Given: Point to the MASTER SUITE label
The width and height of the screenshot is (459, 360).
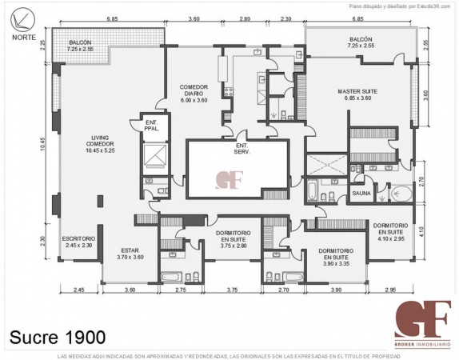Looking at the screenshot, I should pyautogui.click(x=356, y=95).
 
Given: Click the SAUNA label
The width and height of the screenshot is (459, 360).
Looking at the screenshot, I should pyautogui.click(x=361, y=194).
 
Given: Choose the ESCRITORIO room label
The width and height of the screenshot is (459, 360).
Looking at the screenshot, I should pyautogui.click(x=78, y=242).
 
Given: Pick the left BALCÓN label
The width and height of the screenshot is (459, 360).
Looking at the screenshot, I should pyautogui.click(x=80, y=45).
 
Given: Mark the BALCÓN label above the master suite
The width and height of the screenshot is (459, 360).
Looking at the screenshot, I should pyautogui.click(x=361, y=42).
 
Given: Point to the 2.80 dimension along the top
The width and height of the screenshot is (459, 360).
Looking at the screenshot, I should pyautogui.click(x=244, y=18).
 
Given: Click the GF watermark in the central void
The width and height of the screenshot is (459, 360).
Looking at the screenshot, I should pyautogui.click(x=228, y=178).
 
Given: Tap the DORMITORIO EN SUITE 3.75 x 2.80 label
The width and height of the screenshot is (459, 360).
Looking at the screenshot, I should pyautogui.click(x=234, y=238).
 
